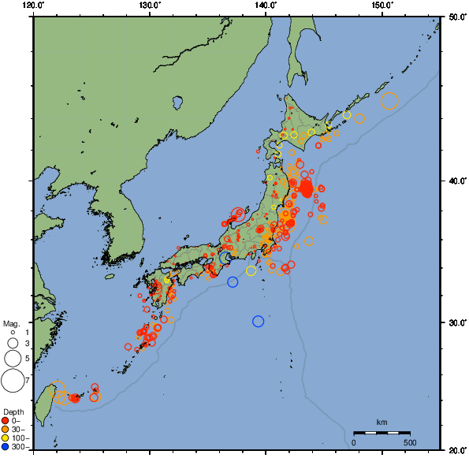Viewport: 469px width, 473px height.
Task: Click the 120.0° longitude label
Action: point(34,6)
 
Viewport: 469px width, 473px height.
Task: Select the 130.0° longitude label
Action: point(150,6)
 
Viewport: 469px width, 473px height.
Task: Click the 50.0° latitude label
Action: point(456,16)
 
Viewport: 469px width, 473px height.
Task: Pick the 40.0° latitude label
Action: point(456,181)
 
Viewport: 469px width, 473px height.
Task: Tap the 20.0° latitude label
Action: point(456,449)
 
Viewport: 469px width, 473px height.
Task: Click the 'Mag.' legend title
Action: point(10,323)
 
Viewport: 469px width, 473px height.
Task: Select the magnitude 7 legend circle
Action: point(12,381)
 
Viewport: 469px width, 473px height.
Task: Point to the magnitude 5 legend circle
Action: point(12,358)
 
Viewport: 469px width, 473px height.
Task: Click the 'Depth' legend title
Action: point(13,412)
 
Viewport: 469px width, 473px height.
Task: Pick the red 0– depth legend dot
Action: point(6,420)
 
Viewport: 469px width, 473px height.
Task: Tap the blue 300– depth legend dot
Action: point(6,447)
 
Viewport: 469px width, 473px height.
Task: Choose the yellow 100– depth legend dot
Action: point(6,438)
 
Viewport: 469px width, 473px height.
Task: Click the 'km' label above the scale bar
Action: point(382,423)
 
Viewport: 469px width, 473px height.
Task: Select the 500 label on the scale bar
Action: point(410,442)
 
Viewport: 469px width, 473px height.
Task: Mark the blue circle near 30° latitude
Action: point(258,321)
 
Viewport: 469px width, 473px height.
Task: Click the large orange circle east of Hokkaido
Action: point(389,101)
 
